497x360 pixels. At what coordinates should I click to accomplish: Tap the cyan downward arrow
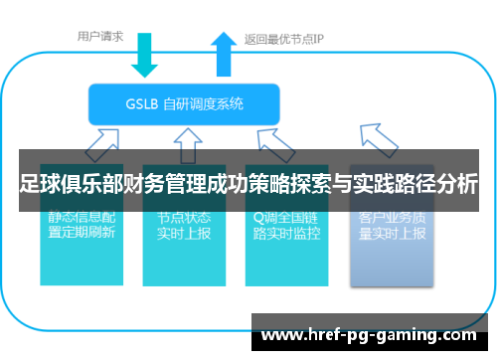pyautogui.click(x=146, y=55)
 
